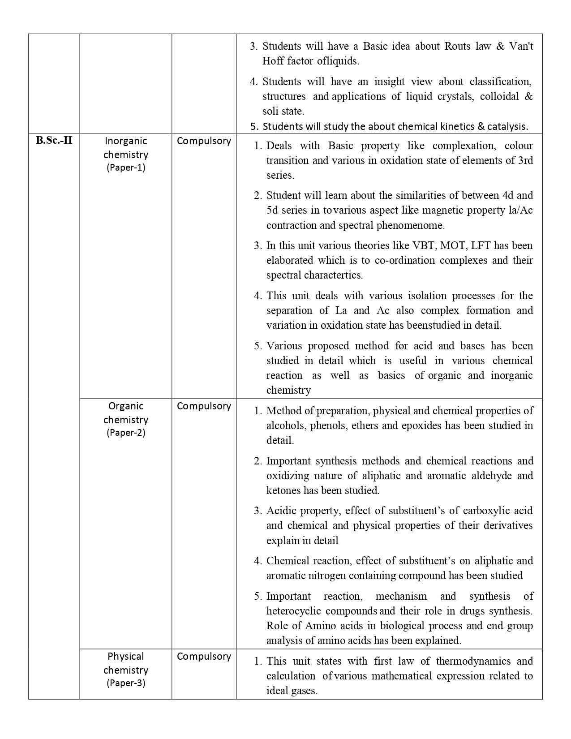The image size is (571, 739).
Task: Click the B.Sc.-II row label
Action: tap(54, 141)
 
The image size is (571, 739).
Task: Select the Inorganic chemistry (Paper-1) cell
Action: tap(126, 154)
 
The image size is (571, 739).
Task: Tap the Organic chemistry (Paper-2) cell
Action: tap(126, 419)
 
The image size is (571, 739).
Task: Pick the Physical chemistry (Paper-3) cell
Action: tap(126, 670)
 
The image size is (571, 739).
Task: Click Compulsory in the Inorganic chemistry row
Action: tap(204, 141)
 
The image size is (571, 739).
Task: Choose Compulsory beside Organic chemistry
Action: tap(204, 406)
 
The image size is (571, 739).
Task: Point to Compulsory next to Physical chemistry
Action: tap(204, 656)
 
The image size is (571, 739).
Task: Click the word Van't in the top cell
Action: tap(521, 46)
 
